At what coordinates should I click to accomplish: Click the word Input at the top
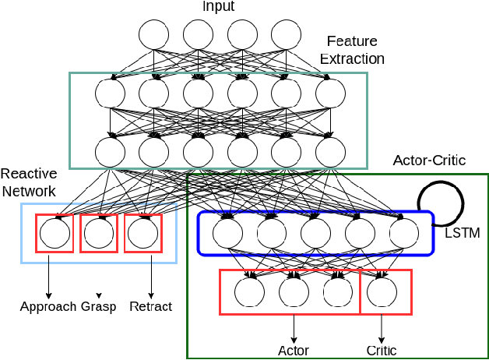pos(219,7)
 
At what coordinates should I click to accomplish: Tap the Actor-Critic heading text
pos(429,161)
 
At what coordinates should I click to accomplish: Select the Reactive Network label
pos(28,182)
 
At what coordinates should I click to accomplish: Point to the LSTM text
pos(462,233)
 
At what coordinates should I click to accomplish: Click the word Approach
pos(48,306)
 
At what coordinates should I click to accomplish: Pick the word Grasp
pos(98,306)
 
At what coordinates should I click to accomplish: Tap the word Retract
pos(150,306)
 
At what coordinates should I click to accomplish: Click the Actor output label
pos(294,350)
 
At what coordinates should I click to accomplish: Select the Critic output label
pos(382,350)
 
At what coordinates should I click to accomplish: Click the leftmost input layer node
pos(153,34)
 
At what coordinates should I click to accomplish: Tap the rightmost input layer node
pos(286,34)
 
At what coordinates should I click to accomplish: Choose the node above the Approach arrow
pos(55,233)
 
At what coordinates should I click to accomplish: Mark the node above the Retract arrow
pos(142,233)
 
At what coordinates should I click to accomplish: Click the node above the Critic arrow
pos(382,291)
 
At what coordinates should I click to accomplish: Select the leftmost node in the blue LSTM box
pos(227,233)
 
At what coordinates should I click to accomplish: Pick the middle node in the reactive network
pos(99,233)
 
